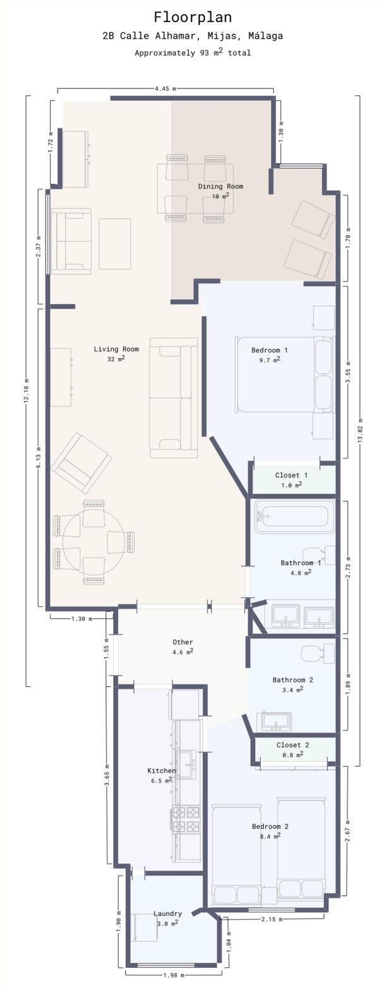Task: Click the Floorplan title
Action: [193, 17]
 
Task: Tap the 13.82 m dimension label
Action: [360, 430]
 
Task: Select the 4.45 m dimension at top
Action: [165, 88]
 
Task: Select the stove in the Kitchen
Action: [186, 820]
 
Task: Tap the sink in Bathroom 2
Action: [275, 721]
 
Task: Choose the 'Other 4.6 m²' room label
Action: [183, 646]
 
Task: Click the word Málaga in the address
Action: [265, 36]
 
